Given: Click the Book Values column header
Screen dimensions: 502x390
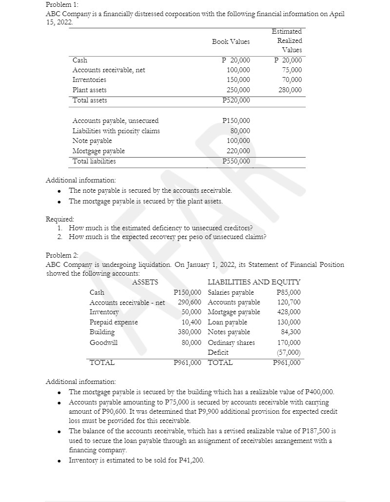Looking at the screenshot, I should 231,41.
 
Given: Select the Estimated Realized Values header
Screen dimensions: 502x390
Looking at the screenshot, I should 289,40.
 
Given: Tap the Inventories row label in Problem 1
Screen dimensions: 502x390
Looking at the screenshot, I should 89,80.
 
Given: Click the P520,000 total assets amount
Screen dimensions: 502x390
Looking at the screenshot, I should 236,100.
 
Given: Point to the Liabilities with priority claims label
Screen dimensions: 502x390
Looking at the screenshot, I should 116,131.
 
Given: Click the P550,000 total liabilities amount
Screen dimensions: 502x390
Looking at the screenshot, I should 236,161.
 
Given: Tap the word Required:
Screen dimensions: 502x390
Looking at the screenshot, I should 60,220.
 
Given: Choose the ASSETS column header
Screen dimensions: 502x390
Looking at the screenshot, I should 145,282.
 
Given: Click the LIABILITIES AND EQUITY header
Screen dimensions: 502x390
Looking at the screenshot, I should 254,282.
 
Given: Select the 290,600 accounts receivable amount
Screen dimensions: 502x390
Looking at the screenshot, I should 187,302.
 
